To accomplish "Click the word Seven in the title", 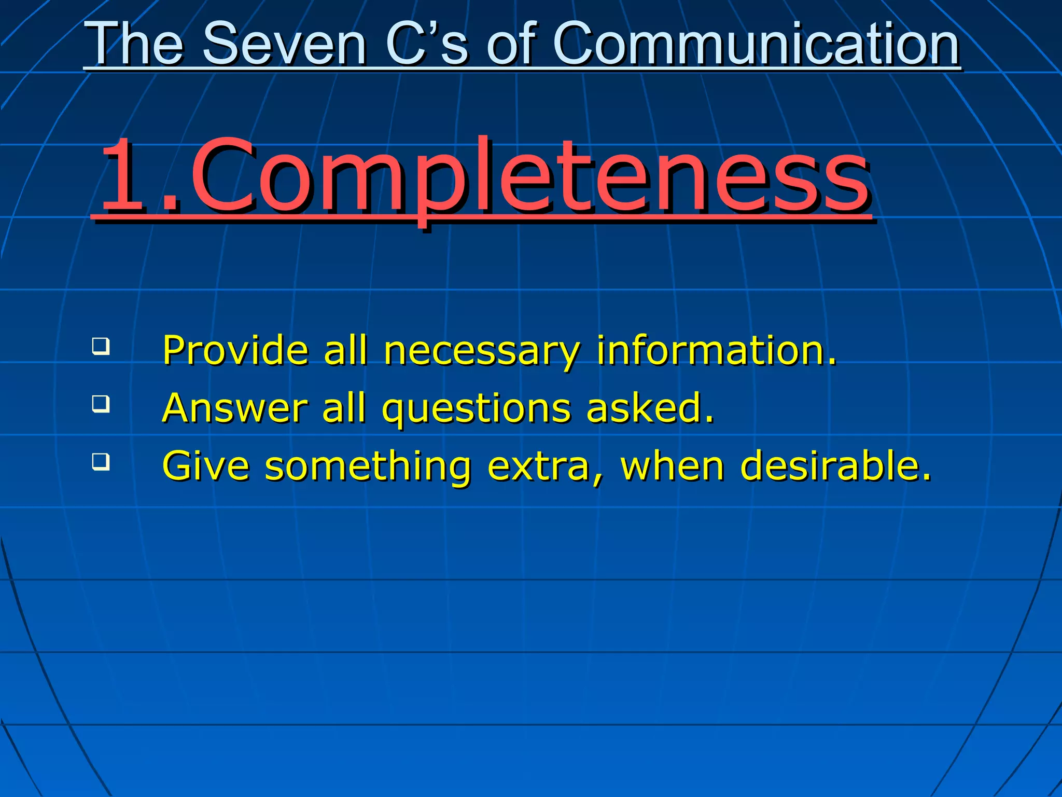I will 284,45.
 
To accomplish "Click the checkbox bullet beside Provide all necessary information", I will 101,346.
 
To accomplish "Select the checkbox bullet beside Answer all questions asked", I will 101,404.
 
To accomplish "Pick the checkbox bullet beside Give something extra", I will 101,461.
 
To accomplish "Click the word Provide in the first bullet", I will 236,350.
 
